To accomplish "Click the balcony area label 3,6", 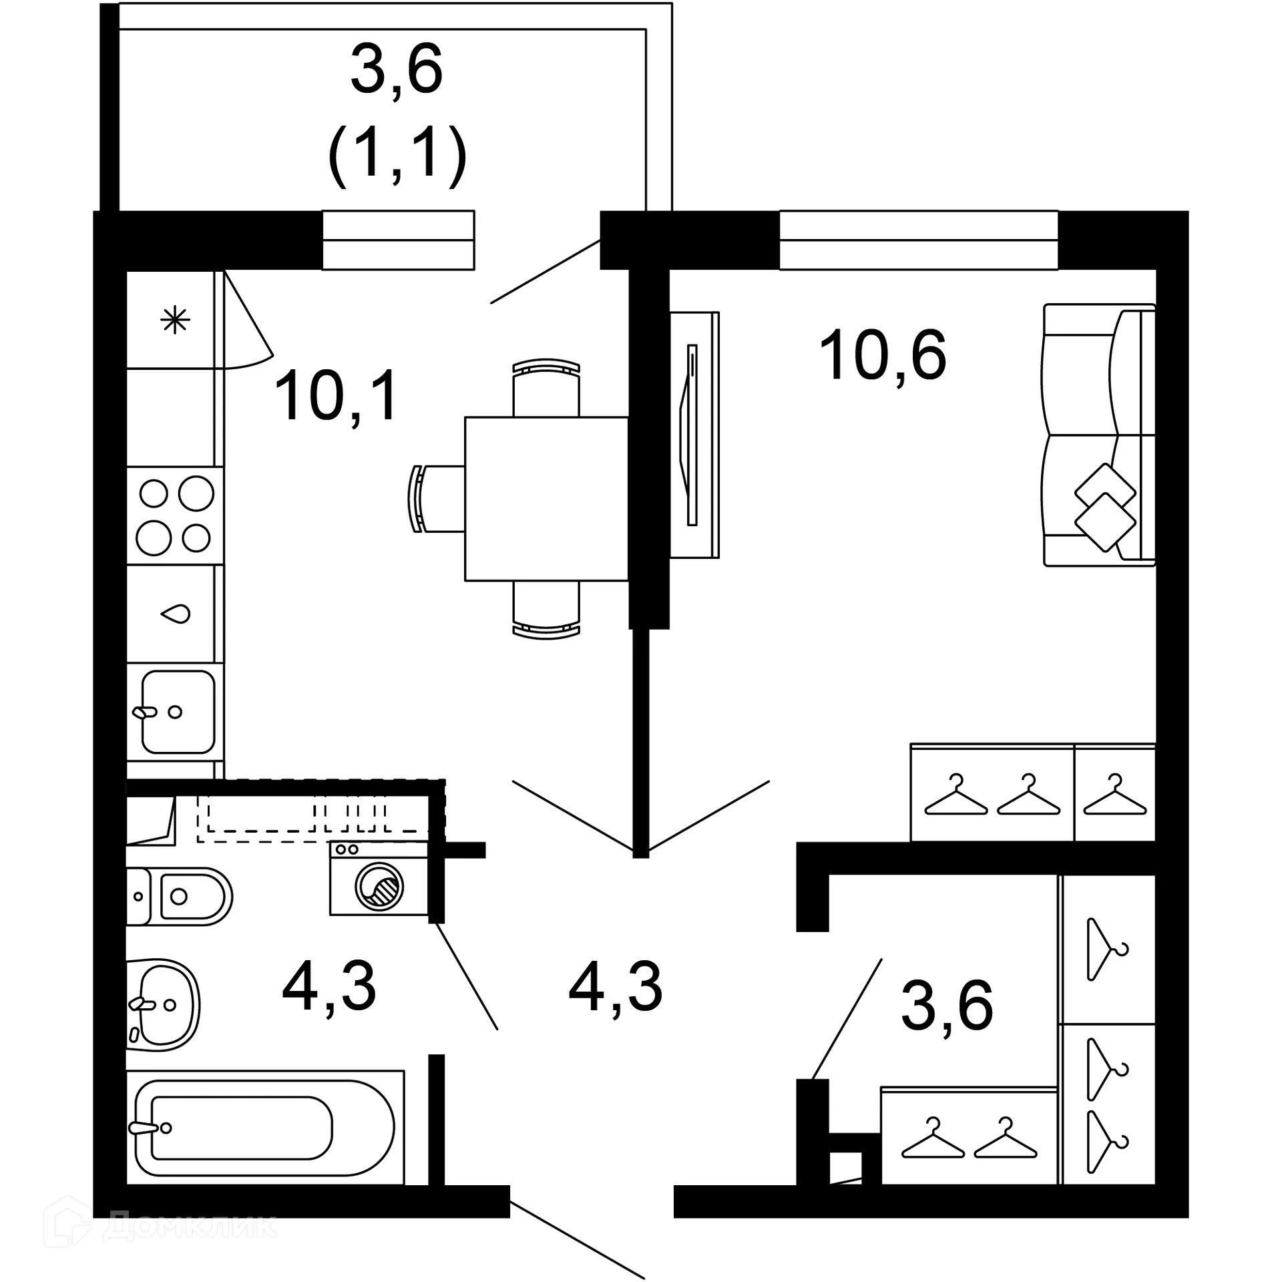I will click(x=397, y=69).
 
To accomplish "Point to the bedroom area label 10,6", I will click(x=882, y=355).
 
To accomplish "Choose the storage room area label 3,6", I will click(x=947, y=1006).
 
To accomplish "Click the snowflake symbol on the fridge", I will click(x=175, y=320).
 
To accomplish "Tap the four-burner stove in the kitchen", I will click(x=175, y=515).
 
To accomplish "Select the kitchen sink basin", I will click(x=178, y=712).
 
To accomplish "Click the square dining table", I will click(x=546, y=499).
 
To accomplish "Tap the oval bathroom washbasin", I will click(x=164, y=1004).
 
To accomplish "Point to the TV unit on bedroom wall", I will click(x=694, y=435).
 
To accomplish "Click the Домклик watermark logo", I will click(x=160, y=1226).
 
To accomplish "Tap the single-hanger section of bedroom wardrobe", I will click(x=1114, y=793).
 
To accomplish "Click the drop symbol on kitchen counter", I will click(x=177, y=614).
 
